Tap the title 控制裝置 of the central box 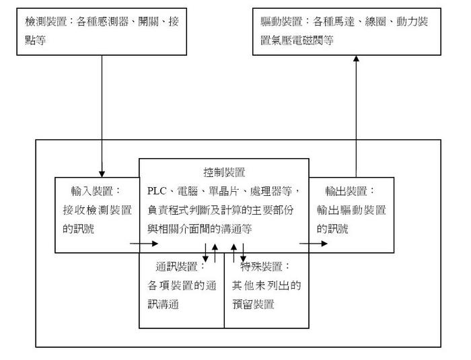tap(223, 172)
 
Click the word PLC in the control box tap(158, 190)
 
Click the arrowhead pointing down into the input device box tap(102, 168)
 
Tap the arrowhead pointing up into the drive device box tap(357, 60)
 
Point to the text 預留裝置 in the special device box tap(254, 304)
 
